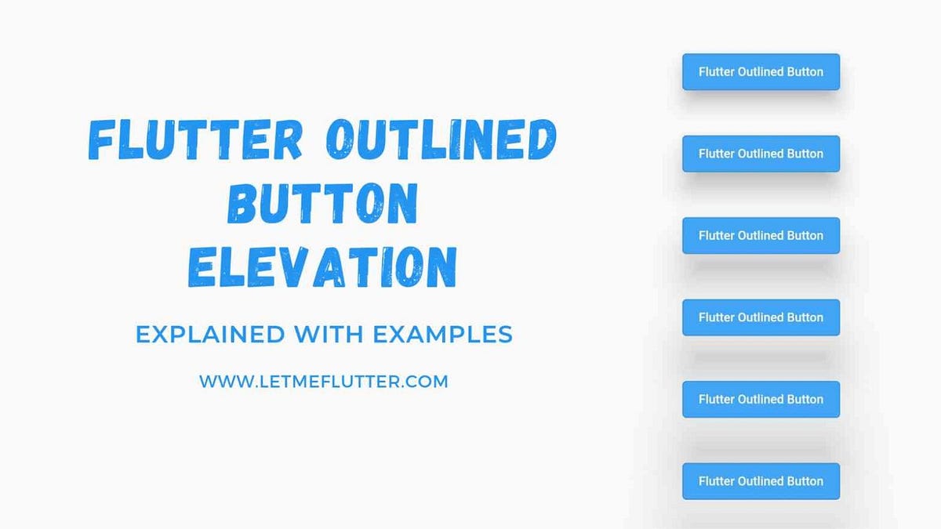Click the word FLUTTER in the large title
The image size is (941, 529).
click(195, 141)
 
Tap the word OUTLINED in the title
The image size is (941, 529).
click(440, 141)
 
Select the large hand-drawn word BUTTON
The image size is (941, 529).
click(322, 203)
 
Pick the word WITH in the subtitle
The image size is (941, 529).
click(329, 335)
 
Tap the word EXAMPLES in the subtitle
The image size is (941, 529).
click(442, 335)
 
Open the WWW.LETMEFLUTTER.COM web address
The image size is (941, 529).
click(323, 382)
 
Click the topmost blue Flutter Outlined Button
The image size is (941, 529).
click(761, 71)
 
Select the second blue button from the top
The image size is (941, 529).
click(761, 154)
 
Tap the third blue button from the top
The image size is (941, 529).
click(761, 235)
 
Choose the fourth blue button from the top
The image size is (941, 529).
click(761, 317)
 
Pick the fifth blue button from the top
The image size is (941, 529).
click(761, 399)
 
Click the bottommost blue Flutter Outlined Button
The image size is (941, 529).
click(761, 481)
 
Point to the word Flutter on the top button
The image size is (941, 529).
click(716, 71)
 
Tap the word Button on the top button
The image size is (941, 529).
click(805, 71)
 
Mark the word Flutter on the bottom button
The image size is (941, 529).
click(716, 481)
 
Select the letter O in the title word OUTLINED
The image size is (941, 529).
click(342, 142)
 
